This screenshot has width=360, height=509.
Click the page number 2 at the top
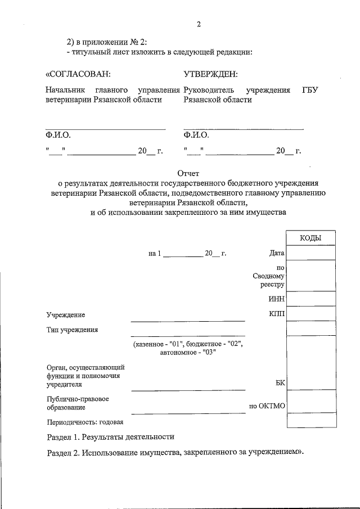coord(199,24)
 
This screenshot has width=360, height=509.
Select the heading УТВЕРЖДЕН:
coord(210,74)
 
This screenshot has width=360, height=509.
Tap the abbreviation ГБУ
coord(310,90)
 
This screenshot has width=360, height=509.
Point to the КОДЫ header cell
coord(310,238)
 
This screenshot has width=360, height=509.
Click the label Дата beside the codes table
coord(277,254)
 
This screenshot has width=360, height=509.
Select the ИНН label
coord(277,299)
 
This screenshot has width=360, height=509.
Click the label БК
coord(280,383)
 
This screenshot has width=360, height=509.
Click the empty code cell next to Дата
coord(311,254)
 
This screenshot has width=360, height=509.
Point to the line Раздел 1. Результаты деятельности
coord(110,436)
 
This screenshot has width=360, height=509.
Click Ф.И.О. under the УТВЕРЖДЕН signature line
coord(196,136)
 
